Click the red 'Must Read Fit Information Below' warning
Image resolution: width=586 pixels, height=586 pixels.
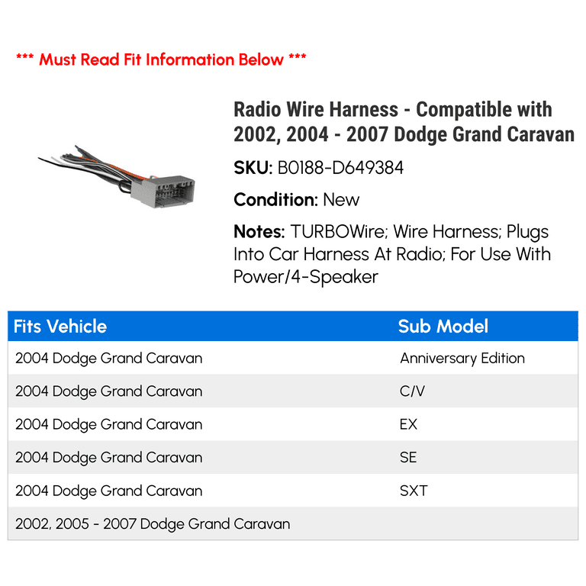click(x=161, y=59)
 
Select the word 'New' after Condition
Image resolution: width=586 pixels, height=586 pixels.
click(x=341, y=200)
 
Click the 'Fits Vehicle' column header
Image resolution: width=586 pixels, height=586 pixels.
click(x=60, y=327)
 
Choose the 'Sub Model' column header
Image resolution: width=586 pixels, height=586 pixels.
click(x=443, y=327)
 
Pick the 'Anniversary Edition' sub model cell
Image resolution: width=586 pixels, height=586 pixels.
click(x=462, y=358)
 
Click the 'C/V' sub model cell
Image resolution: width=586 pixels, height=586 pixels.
click(x=412, y=391)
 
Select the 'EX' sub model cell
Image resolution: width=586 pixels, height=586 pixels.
click(x=408, y=424)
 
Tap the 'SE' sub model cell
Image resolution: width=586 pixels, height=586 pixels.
click(x=408, y=458)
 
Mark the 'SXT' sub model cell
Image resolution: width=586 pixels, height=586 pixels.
click(x=414, y=491)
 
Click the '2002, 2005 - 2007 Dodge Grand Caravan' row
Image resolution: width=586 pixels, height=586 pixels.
click(x=153, y=524)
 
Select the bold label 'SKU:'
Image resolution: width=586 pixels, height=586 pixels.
click(x=253, y=168)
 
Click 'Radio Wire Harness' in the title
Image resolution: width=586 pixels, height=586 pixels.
click(x=316, y=110)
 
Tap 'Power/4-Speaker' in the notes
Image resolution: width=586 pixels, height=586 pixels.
click(x=306, y=277)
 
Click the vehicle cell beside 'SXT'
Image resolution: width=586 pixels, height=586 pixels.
click(x=108, y=491)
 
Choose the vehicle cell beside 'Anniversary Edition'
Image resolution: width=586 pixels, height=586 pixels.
click(x=108, y=358)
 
